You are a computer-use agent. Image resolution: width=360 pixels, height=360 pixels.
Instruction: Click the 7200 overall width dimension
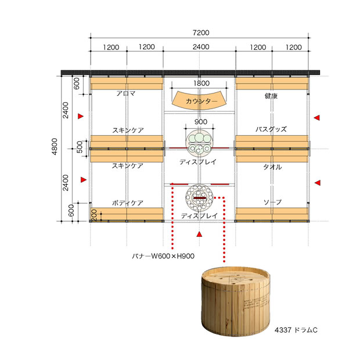pyautogui.click(x=201, y=33)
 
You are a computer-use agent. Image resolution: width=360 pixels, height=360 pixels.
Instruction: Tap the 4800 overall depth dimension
pyautogui.click(x=55, y=146)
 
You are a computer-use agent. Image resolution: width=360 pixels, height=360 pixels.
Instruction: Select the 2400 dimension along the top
pyautogui.click(x=201, y=47)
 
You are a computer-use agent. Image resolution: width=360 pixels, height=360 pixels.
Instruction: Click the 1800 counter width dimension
pyautogui.click(x=201, y=83)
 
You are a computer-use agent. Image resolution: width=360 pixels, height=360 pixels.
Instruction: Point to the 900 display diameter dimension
pyautogui.click(x=201, y=122)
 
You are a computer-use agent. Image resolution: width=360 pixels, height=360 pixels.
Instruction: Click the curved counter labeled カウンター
pyautogui.click(x=200, y=100)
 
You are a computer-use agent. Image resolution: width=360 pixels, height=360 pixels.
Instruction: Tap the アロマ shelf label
pyautogui.click(x=126, y=93)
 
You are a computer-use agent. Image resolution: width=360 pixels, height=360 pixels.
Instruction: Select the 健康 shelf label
pyautogui.click(x=271, y=95)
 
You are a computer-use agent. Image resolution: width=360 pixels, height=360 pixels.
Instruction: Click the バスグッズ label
pyautogui.click(x=271, y=129)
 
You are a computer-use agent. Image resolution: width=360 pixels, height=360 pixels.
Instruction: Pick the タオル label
pyautogui.click(x=272, y=167)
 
